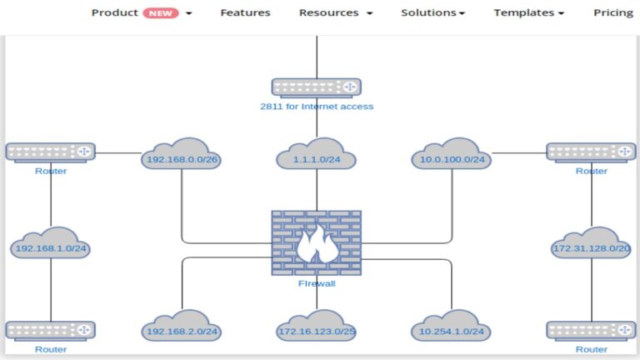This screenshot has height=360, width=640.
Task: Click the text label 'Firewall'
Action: [316, 284]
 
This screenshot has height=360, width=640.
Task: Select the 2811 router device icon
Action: [316, 87]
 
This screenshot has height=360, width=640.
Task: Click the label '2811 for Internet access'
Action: [316, 107]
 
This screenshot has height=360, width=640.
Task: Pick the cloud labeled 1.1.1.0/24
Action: [316, 155]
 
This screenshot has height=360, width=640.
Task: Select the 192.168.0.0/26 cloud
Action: [182, 155]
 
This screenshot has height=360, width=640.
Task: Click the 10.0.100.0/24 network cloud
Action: [452, 155]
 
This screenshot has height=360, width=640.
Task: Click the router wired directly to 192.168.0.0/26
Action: [50, 152]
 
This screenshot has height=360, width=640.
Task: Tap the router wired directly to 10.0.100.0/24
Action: [591, 152]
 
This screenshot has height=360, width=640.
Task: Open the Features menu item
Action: [245, 13]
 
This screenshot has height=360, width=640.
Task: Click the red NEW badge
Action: [161, 13]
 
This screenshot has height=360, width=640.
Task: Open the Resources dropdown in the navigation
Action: [335, 13]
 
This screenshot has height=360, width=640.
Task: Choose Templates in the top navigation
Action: [528, 13]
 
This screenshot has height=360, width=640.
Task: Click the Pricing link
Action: [612, 13]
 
